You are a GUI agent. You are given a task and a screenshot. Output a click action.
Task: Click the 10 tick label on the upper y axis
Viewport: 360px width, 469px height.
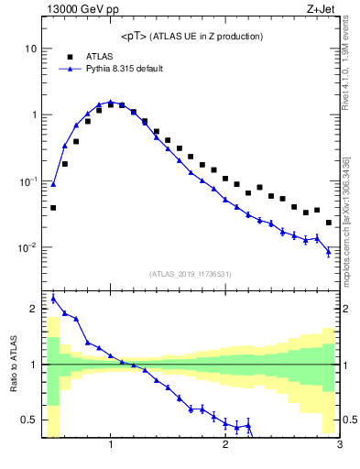[x=30, y=48]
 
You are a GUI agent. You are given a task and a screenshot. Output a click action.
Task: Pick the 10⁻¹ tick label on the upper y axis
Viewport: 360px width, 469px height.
[x=28, y=181]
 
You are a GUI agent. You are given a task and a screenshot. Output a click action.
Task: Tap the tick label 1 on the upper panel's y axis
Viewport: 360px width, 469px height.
[x=34, y=115]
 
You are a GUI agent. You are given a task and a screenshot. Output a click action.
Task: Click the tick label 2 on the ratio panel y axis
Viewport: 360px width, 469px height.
[x=34, y=310]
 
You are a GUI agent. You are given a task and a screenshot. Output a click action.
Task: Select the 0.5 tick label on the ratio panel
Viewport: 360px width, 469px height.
[x=29, y=420]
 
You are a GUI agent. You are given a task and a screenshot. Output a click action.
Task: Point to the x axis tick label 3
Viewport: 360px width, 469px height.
[x=340, y=446]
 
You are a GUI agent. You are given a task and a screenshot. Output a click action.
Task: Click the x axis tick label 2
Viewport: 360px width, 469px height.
[x=225, y=446]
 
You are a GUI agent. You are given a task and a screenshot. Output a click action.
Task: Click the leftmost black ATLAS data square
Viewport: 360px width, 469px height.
[x=53, y=208]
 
